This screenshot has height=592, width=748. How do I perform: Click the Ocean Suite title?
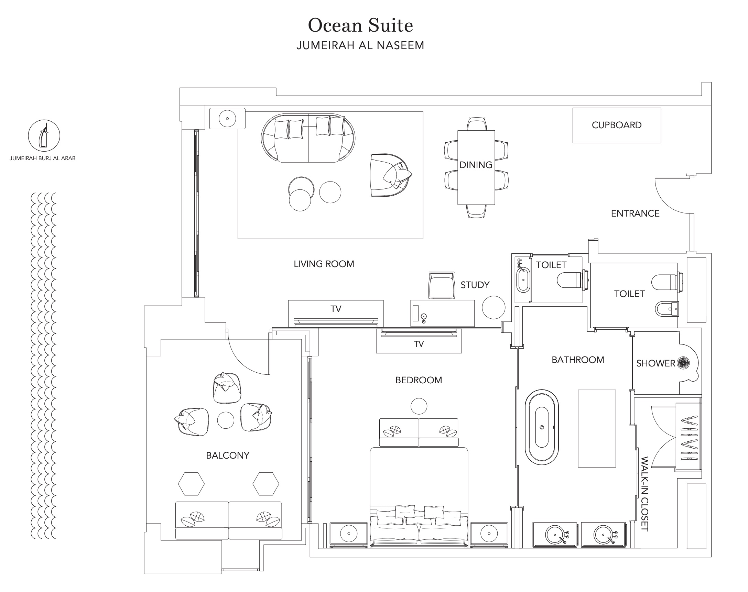click(x=360, y=25)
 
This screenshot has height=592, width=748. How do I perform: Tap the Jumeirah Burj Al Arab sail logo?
click(x=44, y=135)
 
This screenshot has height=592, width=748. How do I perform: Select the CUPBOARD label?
click(x=616, y=125)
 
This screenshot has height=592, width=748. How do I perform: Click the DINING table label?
click(x=476, y=165)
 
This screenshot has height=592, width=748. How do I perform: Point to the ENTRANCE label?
click(x=635, y=213)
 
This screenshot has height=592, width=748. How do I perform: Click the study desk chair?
click(x=442, y=285)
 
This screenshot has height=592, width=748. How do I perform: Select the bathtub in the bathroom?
click(x=542, y=427)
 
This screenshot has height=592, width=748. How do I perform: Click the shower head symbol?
click(x=683, y=363)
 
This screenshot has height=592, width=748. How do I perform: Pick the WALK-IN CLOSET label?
click(x=644, y=494)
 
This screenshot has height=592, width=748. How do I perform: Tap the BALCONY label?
click(x=227, y=456)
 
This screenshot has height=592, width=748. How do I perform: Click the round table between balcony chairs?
click(x=225, y=420)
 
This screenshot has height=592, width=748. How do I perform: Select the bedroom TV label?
click(x=419, y=344)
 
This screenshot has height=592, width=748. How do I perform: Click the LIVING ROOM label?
click(x=324, y=264)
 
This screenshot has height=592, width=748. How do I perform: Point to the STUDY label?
click(x=475, y=285)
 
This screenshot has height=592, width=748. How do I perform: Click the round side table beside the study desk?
click(x=494, y=307)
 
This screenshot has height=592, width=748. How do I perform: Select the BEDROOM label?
click(x=419, y=380)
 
